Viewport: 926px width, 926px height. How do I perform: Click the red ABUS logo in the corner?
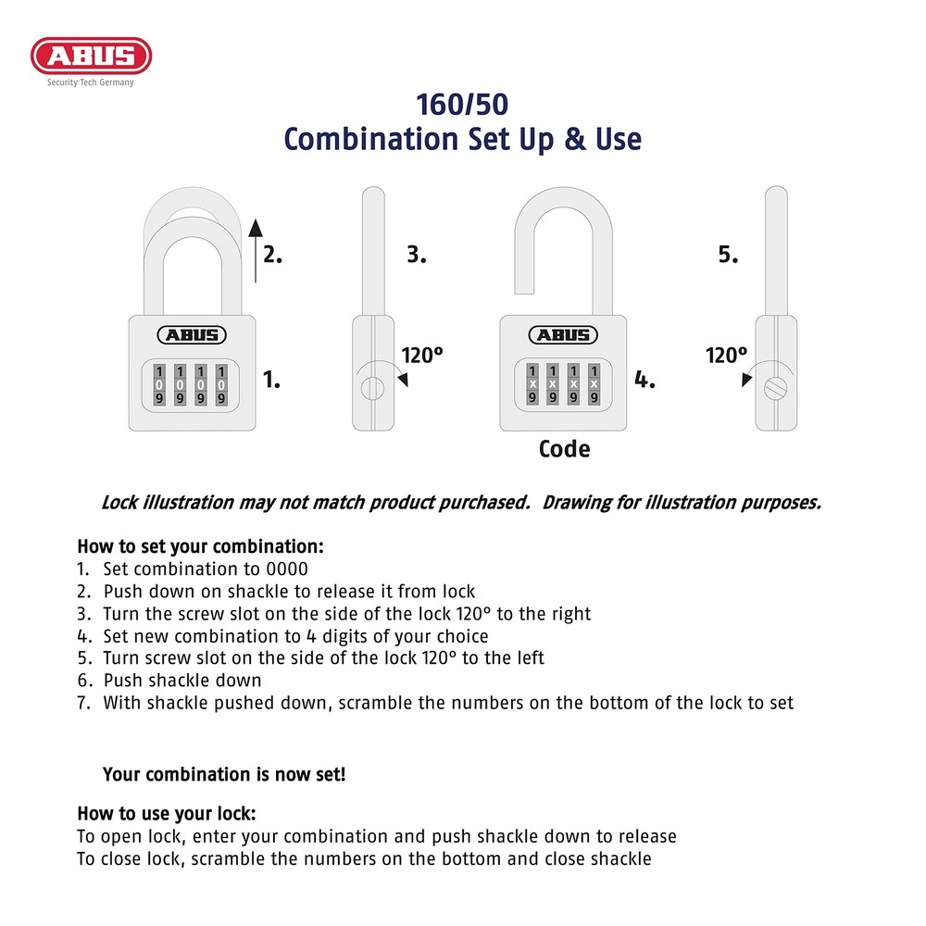[91, 56]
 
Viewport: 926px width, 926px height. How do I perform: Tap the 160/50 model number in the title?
[462, 103]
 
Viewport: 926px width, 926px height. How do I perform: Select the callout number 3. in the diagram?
[417, 256]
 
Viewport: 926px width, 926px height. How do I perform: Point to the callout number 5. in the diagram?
[729, 256]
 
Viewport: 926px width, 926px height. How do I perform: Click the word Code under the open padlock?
[564, 450]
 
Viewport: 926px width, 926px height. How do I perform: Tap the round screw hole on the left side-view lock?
[371, 388]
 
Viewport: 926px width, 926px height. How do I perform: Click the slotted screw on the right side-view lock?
[775, 388]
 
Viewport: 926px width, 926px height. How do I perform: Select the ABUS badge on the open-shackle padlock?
[563, 335]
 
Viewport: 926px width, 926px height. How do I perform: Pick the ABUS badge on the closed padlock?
[192, 335]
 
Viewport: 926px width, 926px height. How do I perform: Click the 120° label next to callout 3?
[422, 355]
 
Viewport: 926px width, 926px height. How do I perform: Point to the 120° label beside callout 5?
[727, 355]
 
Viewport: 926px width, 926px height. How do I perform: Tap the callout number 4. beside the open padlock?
[644, 379]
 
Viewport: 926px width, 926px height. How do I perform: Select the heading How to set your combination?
[200, 546]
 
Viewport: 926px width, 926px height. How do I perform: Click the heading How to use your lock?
[167, 814]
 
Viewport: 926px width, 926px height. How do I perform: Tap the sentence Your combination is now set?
[224, 774]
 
